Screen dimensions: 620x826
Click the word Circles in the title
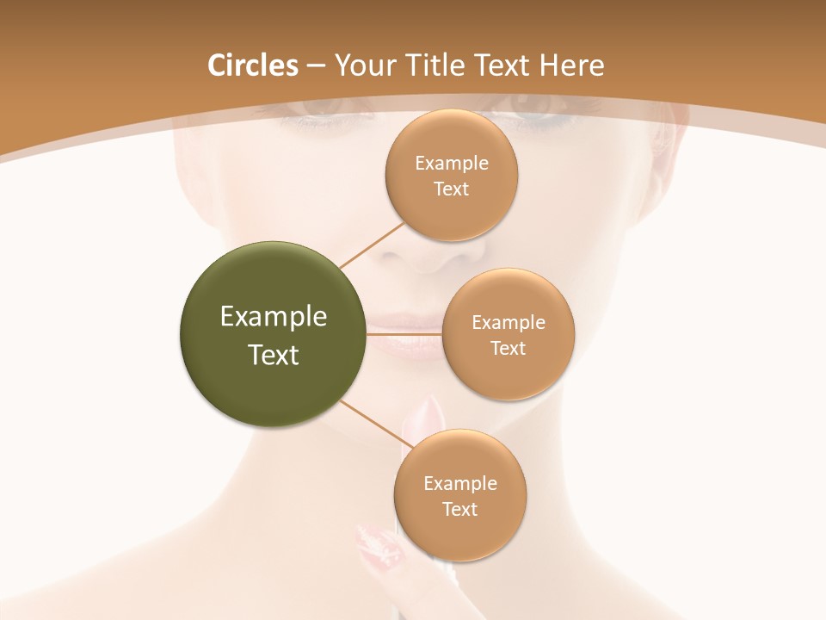(252, 65)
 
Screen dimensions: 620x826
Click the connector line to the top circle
(372, 245)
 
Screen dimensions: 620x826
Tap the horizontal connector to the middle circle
(404, 333)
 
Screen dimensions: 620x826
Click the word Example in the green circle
(274, 317)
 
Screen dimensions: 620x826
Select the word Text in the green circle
(274, 355)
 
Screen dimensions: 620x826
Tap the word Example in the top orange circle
(451, 164)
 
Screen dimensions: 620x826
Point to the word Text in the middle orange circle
(508, 348)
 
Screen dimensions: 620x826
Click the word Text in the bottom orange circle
(459, 509)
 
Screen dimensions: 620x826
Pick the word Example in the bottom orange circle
(459, 483)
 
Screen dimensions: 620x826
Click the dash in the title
(315, 65)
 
